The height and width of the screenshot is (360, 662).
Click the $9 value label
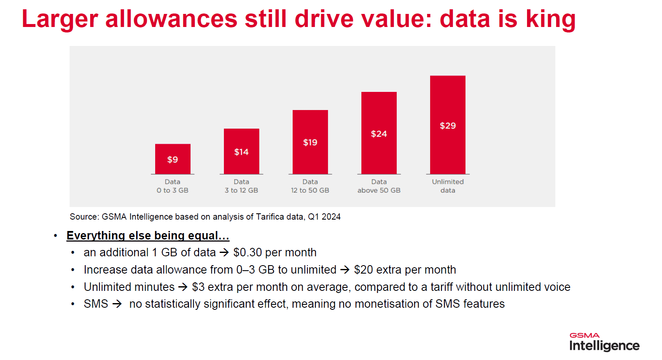[x=172, y=159]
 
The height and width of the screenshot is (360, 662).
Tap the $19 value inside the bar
[x=310, y=142]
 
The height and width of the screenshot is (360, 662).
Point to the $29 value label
[x=447, y=126]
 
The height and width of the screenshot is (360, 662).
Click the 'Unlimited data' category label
[x=447, y=186]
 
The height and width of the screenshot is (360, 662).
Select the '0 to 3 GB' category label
[x=172, y=190]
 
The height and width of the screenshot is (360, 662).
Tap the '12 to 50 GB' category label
[x=310, y=190]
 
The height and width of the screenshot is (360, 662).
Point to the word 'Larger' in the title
[x=59, y=19]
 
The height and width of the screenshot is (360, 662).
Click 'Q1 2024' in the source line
[x=324, y=217]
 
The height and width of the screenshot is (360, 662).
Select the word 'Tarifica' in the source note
[x=270, y=217]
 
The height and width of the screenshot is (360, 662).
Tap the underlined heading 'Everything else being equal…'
[x=148, y=235]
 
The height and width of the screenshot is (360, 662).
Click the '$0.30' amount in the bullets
[x=248, y=253]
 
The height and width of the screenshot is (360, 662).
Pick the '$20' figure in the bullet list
[x=363, y=270]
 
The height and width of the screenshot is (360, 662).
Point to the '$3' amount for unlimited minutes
[x=198, y=287]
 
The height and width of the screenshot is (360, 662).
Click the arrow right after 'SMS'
[x=117, y=304]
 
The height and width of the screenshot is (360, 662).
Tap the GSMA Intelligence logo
[x=604, y=342]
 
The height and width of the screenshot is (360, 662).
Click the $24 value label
[x=379, y=134]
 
